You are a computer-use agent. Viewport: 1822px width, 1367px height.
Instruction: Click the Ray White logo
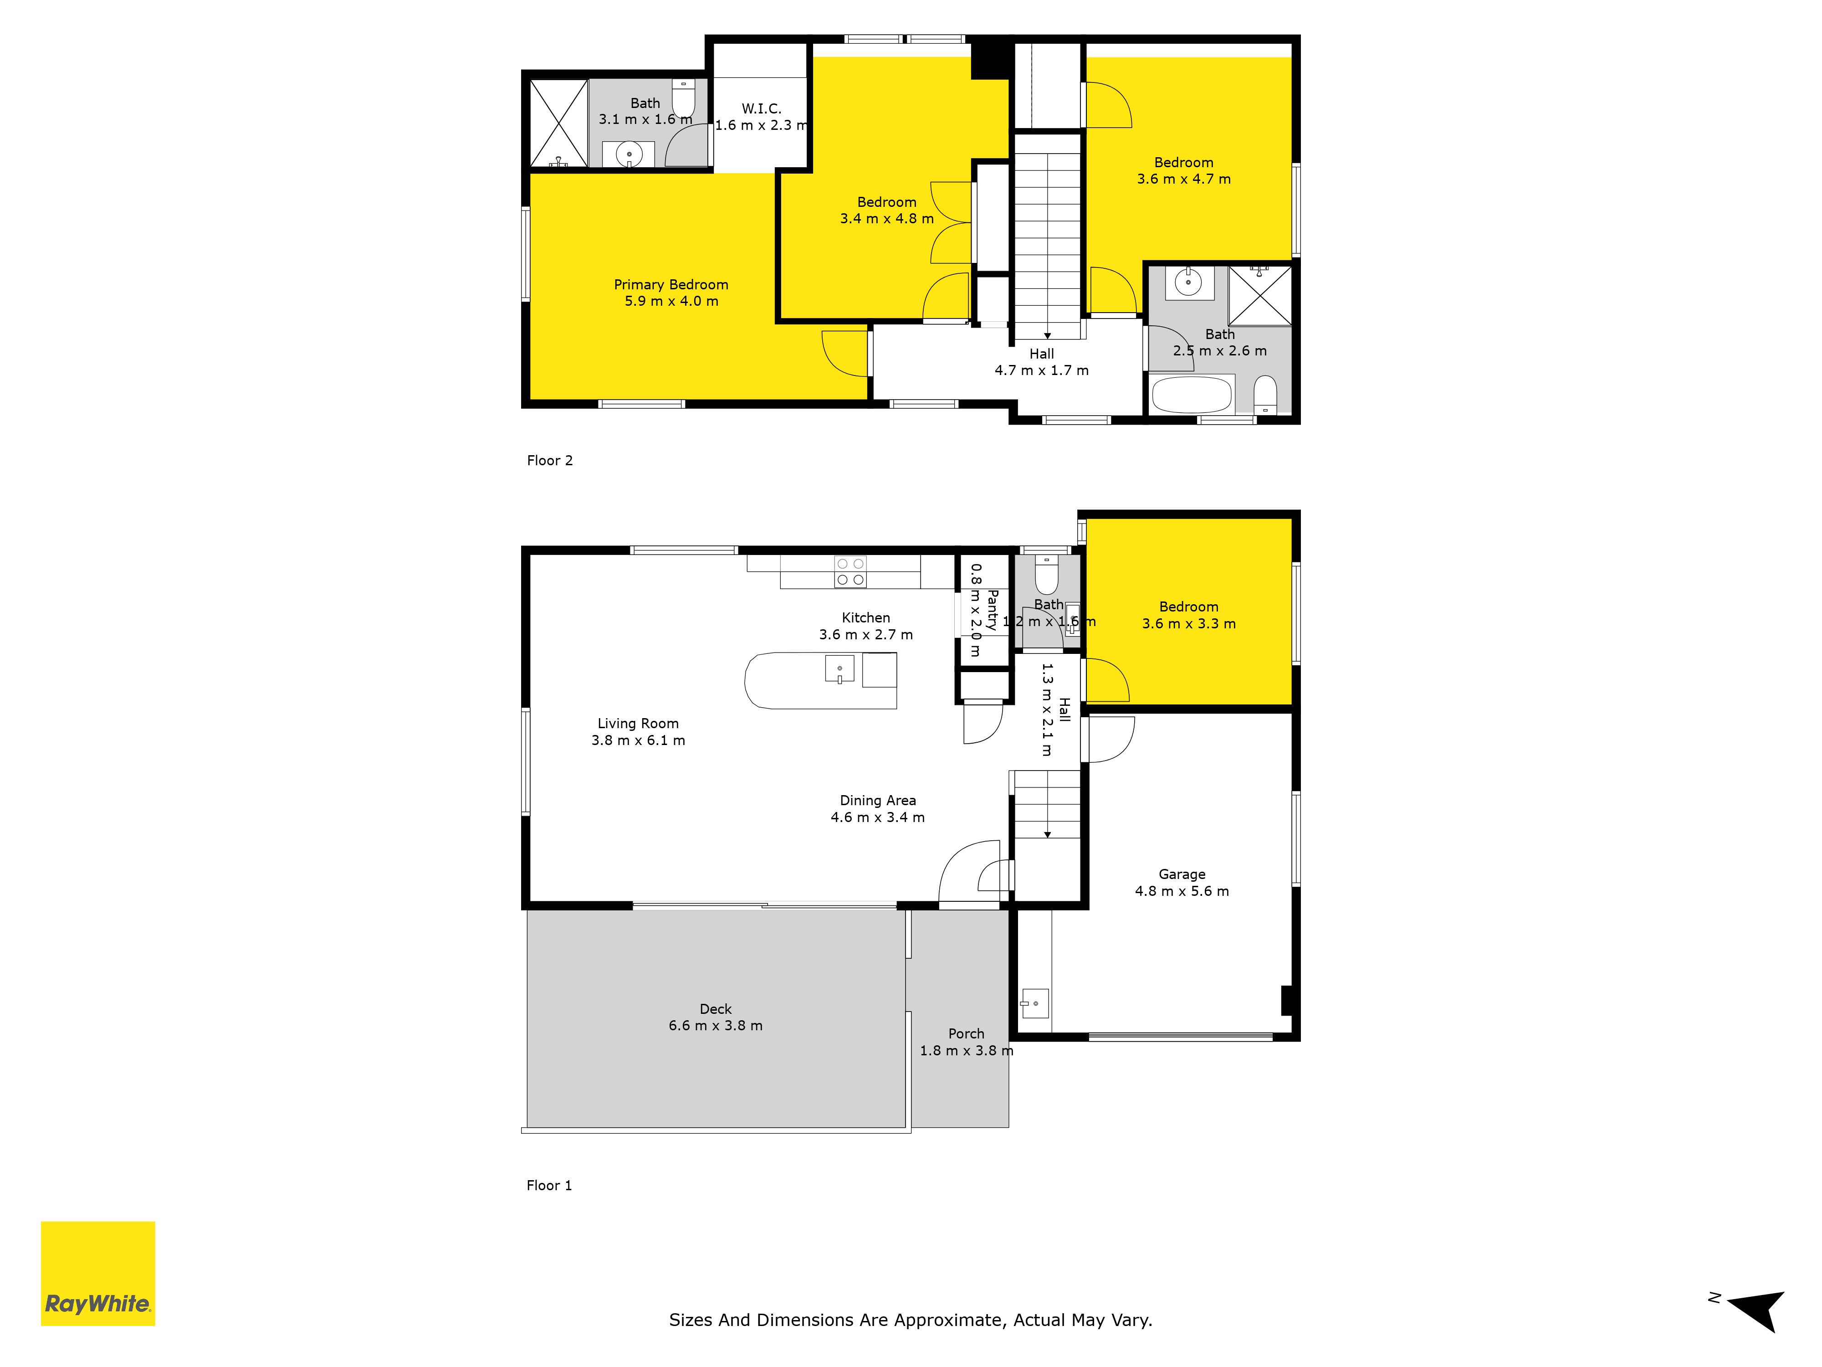pyautogui.click(x=98, y=1273)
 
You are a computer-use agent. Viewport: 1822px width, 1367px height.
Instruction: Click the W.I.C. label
pyautogui.click(x=761, y=109)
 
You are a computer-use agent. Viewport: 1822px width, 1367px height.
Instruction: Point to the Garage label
pyautogui.click(x=1182, y=874)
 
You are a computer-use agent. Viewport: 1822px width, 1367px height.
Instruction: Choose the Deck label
pyautogui.click(x=716, y=1009)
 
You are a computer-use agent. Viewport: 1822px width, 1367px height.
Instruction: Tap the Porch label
pyautogui.click(x=966, y=1034)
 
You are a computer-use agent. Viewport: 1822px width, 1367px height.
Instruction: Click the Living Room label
pyautogui.click(x=638, y=724)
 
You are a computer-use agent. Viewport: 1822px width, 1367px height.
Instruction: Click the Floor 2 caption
pyautogui.click(x=549, y=461)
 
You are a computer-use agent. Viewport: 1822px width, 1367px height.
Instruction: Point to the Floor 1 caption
pyautogui.click(x=549, y=1186)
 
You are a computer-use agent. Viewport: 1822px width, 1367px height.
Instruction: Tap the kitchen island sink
pyautogui.click(x=839, y=669)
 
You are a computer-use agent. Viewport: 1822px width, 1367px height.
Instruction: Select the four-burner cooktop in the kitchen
pyautogui.click(x=850, y=572)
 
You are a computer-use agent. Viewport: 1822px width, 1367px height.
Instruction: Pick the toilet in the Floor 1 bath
pyautogui.click(x=1046, y=574)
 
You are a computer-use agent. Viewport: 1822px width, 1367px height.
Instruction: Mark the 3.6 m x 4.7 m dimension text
pyautogui.click(x=1184, y=179)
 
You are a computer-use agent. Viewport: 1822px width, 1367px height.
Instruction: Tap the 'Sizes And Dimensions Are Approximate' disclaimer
pyautogui.click(x=910, y=1320)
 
